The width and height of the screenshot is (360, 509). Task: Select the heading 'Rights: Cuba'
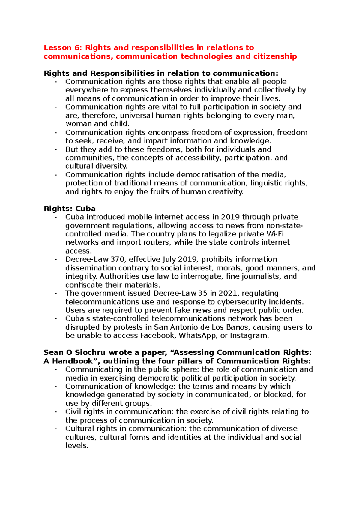click(x=70, y=209)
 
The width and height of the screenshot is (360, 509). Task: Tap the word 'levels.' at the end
click(x=77, y=446)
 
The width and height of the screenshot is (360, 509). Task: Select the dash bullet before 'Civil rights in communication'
click(x=55, y=412)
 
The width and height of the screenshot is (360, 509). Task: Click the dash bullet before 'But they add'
click(x=55, y=149)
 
